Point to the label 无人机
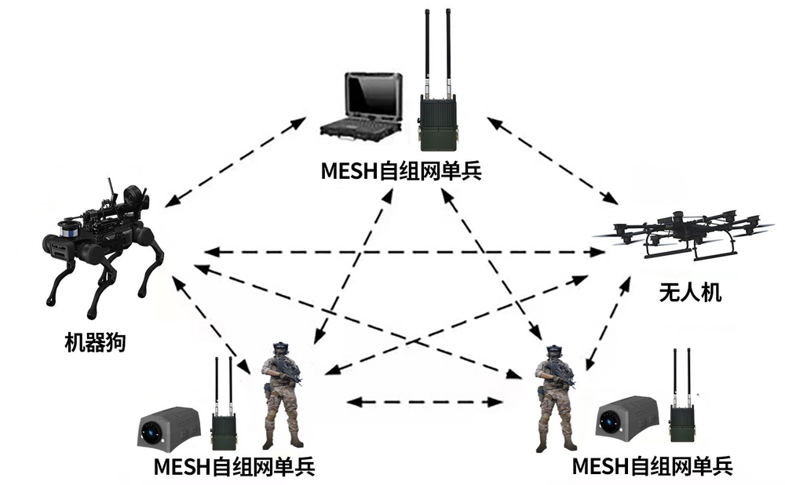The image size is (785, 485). pos(689,295)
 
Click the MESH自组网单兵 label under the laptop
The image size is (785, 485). pos(400,170)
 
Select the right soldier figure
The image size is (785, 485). pos(555,400)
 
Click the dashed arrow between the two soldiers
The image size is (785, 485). pos(425,402)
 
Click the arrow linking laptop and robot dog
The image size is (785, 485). pos(235,160)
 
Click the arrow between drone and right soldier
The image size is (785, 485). pos(608,322)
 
